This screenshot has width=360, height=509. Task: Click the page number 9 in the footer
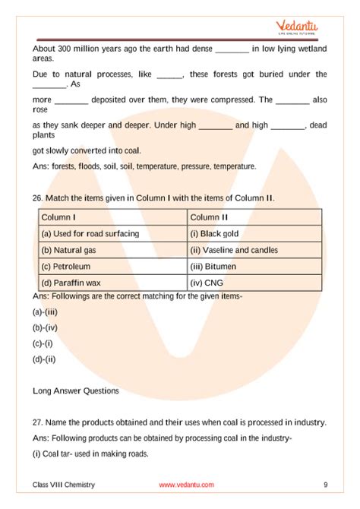click(x=325, y=485)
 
